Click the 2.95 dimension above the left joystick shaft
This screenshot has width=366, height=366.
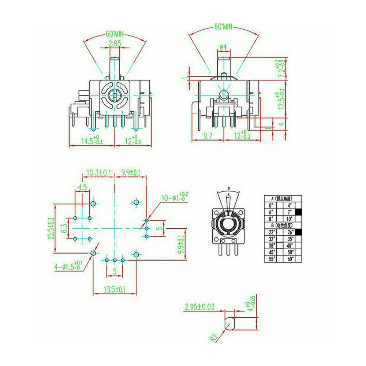(x=115, y=44)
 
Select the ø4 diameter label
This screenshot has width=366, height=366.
(x=224, y=47)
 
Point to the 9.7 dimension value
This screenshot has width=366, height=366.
(x=208, y=136)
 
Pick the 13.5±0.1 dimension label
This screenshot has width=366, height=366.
(x=115, y=290)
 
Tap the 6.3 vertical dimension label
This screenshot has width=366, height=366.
(x=64, y=228)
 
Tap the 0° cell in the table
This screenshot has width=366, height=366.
(x=271, y=205)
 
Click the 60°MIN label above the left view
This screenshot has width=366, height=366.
(x=114, y=34)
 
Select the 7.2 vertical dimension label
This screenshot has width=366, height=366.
(x=281, y=68)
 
